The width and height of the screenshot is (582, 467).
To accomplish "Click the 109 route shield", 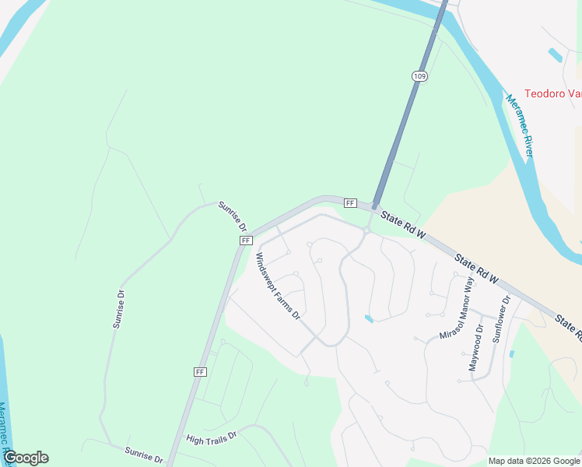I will (419, 75).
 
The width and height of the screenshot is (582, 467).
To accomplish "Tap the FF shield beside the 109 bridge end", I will (350, 203).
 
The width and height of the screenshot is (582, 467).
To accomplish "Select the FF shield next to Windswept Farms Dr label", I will (246, 241).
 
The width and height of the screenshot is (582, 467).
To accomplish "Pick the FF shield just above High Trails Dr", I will (200, 372).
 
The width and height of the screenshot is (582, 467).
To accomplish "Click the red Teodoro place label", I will (552, 93).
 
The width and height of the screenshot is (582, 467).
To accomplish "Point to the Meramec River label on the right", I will (519, 125).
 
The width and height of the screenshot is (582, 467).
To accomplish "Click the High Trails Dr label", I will (211, 439).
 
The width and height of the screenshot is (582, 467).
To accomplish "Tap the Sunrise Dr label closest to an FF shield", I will (232, 216).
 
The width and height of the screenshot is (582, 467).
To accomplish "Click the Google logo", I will (26, 458).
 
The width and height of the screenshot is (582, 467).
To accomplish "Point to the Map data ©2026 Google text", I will (534, 461).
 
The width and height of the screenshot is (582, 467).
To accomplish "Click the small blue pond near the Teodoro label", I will (556, 55).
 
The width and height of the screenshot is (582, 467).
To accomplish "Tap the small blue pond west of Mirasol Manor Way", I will (369, 318).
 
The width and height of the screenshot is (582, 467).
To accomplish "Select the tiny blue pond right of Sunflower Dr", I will (511, 353).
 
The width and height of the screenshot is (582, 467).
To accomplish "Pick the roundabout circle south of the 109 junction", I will (366, 230).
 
